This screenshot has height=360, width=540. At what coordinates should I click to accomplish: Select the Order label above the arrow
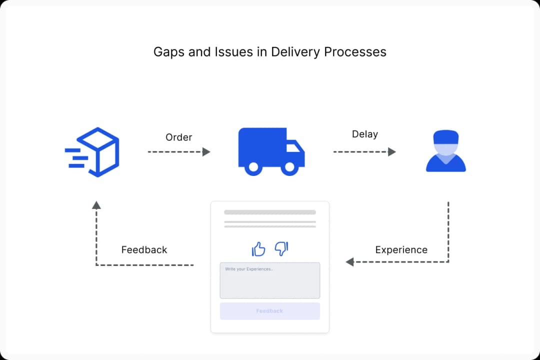[179, 137]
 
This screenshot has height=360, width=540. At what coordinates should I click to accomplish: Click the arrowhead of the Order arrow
[206, 151]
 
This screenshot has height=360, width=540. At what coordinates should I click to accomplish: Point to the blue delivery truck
[270, 150]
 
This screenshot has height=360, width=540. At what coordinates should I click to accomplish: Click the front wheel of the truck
[288, 167]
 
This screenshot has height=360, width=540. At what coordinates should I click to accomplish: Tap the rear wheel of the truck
[253, 167]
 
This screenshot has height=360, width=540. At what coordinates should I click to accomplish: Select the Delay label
[365, 134]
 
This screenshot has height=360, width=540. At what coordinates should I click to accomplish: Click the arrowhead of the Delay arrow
[392, 151]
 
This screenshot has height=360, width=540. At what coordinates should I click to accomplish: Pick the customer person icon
[445, 151]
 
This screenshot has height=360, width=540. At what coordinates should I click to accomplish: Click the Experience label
[401, 249]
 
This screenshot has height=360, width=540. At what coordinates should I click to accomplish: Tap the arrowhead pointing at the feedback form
[349, 261]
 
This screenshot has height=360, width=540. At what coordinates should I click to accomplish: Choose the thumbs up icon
[258, 249]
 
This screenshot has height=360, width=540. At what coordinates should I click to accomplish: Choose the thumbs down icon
[281, 248]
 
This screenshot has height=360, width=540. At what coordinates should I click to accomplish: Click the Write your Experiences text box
[270, 280]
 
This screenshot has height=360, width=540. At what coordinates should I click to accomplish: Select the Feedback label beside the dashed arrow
[144, 249]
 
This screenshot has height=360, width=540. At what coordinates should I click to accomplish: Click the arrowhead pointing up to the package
[96, 205]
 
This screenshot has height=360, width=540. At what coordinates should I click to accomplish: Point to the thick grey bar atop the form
[270, 212]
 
